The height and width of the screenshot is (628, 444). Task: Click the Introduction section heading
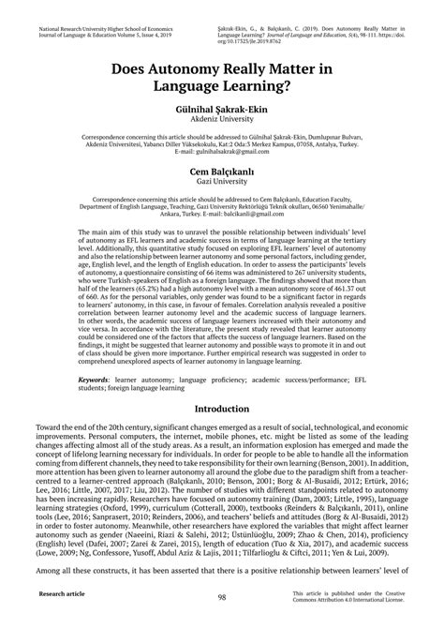tap(222, 410)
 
